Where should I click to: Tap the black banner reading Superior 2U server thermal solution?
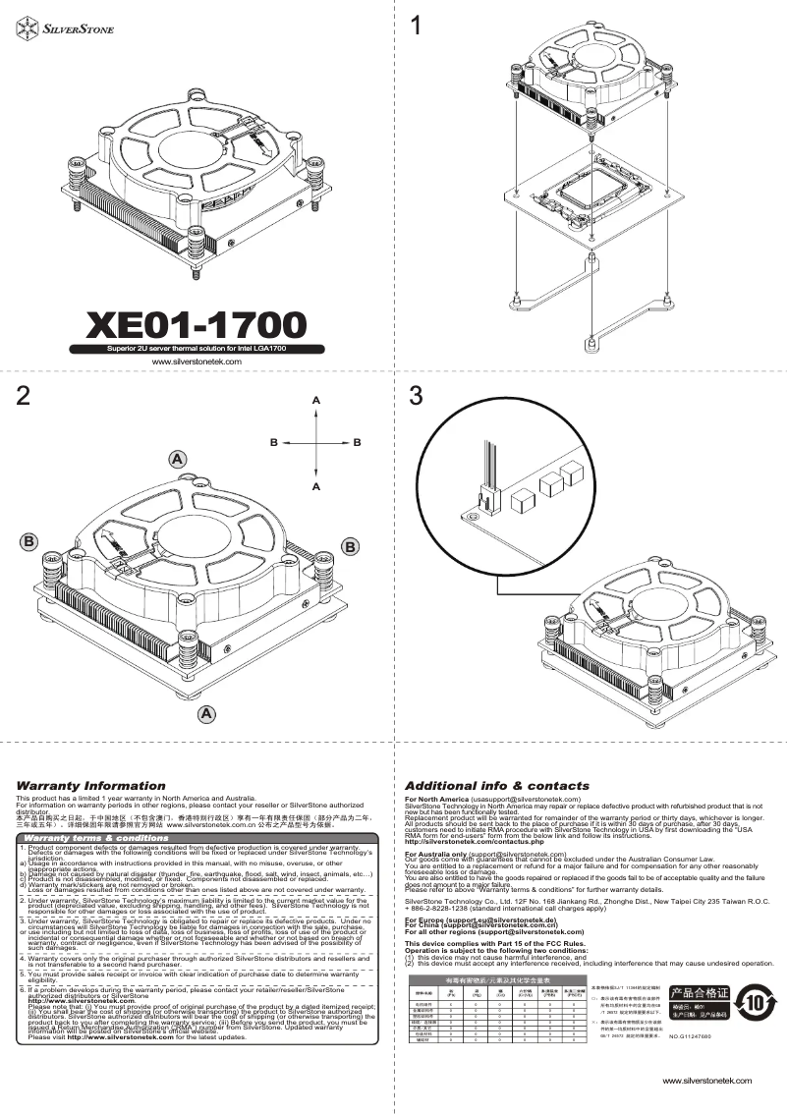[197, 348]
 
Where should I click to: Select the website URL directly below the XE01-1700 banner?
[197, 362]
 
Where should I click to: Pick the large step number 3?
[418, 396]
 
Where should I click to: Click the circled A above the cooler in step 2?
[177, 459]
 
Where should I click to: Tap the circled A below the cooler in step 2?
[205, 711]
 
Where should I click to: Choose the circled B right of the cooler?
[351, 545]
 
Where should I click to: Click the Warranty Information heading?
[84, 786]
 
